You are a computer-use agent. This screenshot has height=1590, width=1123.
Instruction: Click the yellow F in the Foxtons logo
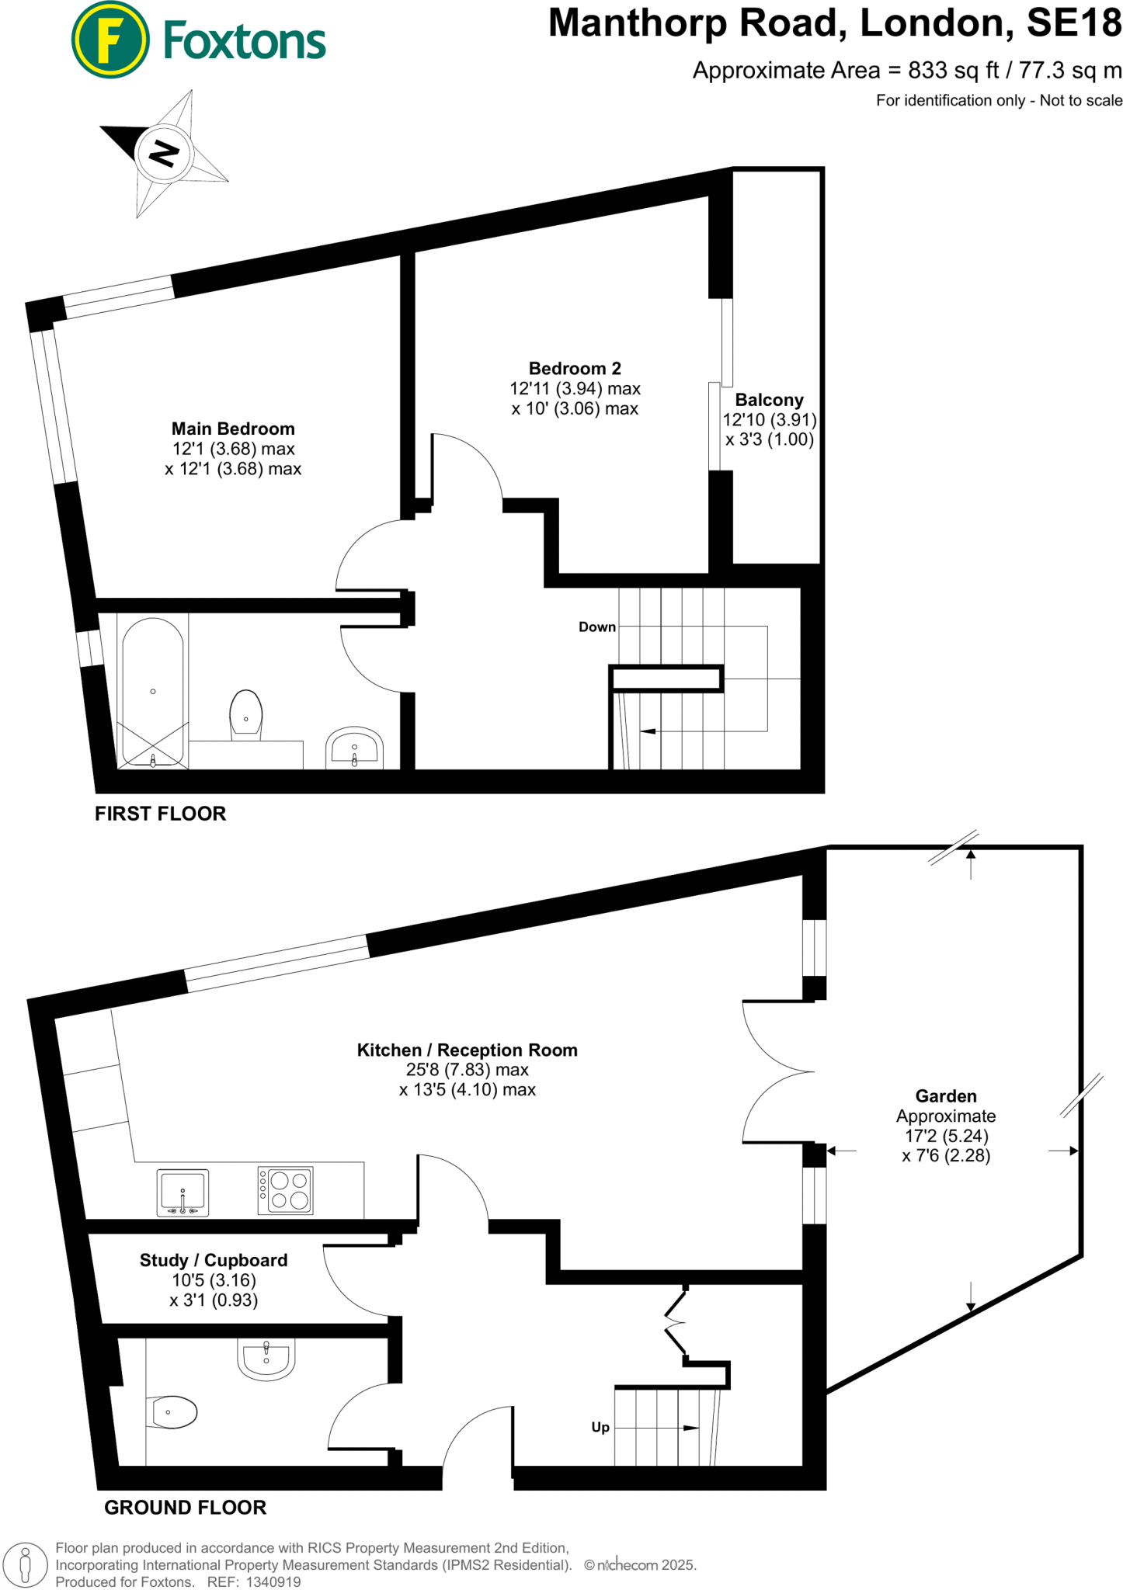[x=110, y=40]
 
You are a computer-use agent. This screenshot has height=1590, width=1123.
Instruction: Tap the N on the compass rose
[x=163, y=152]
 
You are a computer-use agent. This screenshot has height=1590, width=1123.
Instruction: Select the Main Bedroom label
[x=233, y=429]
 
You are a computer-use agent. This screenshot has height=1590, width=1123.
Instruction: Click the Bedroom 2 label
[x=575, y=368]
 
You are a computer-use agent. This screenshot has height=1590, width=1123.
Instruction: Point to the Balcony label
[x=769, y=400]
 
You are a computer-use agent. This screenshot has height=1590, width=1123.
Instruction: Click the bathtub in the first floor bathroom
[x=153, y=691]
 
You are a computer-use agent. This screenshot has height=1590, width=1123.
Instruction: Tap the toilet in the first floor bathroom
[x=246, y=714]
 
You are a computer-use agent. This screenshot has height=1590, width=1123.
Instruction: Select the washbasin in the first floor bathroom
[x=354, y=748]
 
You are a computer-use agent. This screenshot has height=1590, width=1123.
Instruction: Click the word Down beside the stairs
[x=596, y=627]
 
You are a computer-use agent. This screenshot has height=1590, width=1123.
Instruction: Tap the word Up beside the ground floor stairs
[x=600, y=1427]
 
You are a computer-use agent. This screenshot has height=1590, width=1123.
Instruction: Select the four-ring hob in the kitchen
[x=286, y=1190]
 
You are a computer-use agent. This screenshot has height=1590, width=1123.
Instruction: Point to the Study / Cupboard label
[x=214, y=1260]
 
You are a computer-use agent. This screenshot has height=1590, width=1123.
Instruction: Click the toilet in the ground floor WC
[x=172, y=1412]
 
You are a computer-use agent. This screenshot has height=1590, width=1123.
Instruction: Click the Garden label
[x=945, y=1096]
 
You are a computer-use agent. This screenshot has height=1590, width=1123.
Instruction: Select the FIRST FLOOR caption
[x=161, y=814]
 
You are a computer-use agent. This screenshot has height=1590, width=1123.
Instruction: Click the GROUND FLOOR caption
[x=186, y=1508]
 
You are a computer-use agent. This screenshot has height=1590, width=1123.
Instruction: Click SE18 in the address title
[x=1074, y=23]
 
